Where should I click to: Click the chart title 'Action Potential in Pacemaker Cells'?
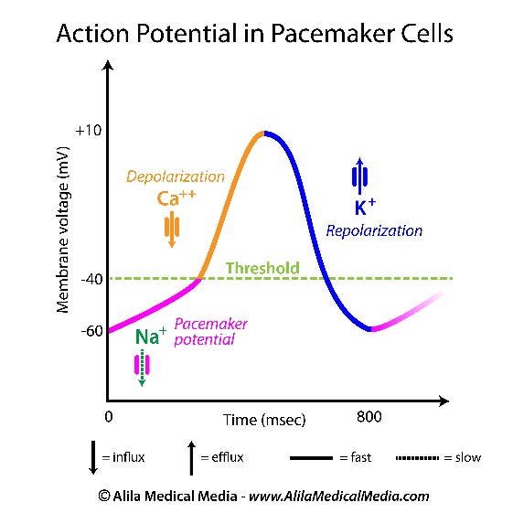click(x=255, y=33)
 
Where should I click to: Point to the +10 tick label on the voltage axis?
click(x=89, y=131)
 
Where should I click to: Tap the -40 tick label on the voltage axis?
click(x=92, y=280)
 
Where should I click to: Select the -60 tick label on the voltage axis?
click(x=92, y=331)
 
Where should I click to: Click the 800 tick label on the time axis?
click(x=369, y=417)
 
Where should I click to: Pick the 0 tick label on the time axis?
click(x=109, y=417)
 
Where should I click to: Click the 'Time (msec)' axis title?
click(x=264, y=420)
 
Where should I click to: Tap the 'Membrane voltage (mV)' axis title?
click(x=62, y=230)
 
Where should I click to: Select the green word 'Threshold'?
click(x=262, y=268)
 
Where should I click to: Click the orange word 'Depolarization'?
click(x=176, y=176)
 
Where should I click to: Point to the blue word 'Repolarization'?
click(x=374, y=231)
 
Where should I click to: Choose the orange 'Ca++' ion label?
click(x=176, y=198)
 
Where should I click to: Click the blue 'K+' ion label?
click(x=365, y=207)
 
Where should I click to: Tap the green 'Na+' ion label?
click(x=151, y=336)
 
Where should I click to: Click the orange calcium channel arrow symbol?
click(x=172, y=230)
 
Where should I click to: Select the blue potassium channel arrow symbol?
click(x=360, y=176)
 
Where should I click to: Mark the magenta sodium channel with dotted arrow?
click(x=142, y=368)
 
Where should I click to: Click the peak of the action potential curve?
click(x=263, y=134)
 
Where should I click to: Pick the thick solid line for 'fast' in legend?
click(x=311, y=458)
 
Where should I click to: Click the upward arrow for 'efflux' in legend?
click(x=191, y=458)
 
